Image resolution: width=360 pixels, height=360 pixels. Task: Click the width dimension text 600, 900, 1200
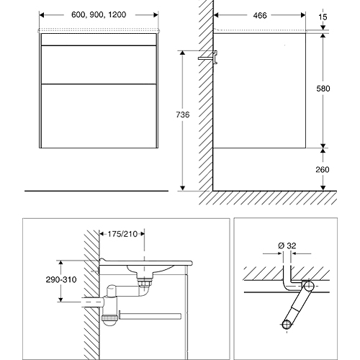pyautogui.click(x=99, y=14)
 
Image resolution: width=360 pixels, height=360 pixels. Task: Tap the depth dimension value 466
pyautogui.click(x=260, y=15)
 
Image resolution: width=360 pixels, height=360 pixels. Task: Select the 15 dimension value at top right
pyautogui.click(x=323, y=17)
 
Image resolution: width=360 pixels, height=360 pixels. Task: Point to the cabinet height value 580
pyautogui.click(x=323, y=89)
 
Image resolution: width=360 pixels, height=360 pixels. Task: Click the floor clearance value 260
pyautogui.click(x=323, y=170)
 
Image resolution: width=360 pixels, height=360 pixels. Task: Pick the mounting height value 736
pyautogui.click(x=183, y=114)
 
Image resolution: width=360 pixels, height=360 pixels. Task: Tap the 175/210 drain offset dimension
pyautogui.click(x=122, y=234)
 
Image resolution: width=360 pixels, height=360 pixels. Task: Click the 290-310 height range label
pyautogui.click(x=61, y=279)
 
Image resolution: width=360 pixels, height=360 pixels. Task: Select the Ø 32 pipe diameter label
pyautogui.click(x=287, y=246)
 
